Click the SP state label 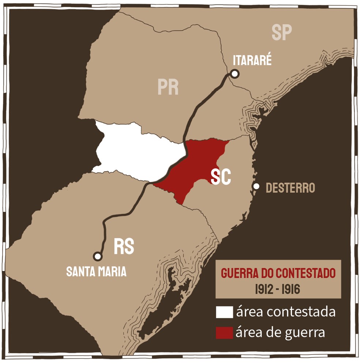(282, 32)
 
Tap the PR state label (168, 87)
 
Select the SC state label (221, 177)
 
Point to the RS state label (124, 246)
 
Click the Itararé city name (252, 60)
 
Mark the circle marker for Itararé (235, 74)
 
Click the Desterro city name (290, 188)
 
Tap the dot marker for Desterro (256, 186)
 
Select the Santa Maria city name (96, 271)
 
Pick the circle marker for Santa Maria (97, 256)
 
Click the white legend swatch (224, 312)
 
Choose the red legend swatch (224, 333)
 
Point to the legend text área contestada (286, 312)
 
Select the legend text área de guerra (280, 333)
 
